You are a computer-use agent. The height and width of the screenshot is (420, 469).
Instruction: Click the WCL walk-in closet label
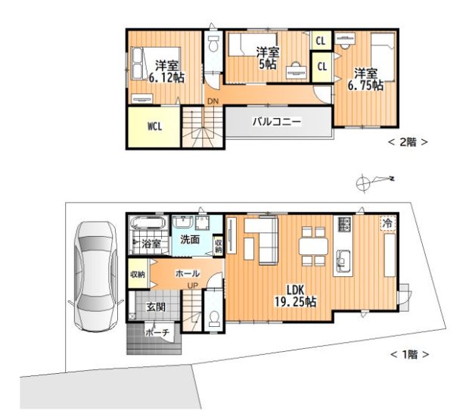155,126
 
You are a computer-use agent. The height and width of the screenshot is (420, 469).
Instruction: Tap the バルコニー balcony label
277,122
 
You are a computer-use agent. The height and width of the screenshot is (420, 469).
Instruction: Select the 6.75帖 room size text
365,86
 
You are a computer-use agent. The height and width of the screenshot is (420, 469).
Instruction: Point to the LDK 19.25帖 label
296,296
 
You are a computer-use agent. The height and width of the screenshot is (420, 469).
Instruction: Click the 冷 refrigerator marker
387,222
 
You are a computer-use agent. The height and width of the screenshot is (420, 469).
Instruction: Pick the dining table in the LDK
313,246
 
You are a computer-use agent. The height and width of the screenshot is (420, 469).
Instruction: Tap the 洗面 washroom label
190,239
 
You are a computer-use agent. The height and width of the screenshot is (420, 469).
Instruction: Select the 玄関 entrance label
156,306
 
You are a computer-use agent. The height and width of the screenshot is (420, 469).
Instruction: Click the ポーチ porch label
157,332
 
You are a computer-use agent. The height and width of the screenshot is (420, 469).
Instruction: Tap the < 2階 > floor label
408,142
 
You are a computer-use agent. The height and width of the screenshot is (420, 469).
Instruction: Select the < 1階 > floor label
409,355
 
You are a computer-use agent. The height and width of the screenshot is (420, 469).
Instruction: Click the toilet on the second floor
213,44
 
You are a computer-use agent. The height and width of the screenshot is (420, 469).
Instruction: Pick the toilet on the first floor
214,319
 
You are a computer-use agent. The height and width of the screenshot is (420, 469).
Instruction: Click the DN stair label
213,101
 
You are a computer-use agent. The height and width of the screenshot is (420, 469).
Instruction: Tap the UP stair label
193,286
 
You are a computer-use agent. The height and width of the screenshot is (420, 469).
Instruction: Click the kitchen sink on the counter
343,260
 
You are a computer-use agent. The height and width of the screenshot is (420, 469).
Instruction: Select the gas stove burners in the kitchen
345,224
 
